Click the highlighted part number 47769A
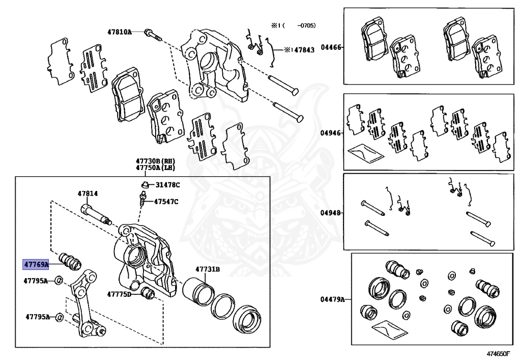36,264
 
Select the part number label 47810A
119,32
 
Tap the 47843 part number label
304,50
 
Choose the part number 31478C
167,185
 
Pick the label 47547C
166,202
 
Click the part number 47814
88,193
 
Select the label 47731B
208,269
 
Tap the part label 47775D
119,294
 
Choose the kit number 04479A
332,299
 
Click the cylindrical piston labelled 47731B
196,291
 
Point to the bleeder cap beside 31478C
144,184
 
